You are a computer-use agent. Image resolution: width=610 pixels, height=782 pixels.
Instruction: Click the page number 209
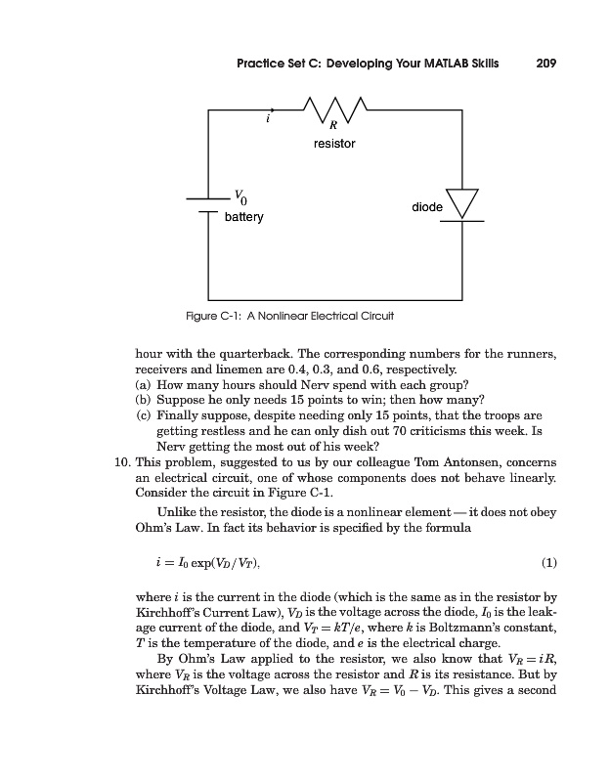[546, 64]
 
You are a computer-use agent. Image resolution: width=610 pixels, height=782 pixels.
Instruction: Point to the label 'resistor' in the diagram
[334, 144]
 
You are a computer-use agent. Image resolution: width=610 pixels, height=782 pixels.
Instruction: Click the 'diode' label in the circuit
[427, 207]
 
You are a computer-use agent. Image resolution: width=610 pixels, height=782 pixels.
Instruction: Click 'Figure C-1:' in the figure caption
[213, 317]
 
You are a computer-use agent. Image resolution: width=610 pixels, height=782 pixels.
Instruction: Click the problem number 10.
[123, 462]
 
